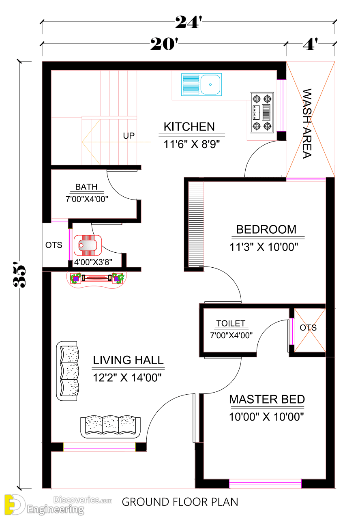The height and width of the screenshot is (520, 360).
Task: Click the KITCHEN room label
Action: [189, 127]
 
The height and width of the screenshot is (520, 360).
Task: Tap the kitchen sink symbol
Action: [201, 84]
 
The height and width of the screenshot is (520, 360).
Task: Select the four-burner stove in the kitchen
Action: [261, 112]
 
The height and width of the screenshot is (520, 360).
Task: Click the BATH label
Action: [86, 187]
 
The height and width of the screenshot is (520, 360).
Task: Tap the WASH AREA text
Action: [307, 124]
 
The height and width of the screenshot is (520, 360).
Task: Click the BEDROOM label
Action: [266, 230]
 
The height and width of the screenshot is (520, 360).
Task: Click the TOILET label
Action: [231, 323]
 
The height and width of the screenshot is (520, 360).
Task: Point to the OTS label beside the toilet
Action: [308, 328]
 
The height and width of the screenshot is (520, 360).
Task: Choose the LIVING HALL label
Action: [128, 360]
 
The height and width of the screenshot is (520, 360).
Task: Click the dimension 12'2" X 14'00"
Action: [128, 378]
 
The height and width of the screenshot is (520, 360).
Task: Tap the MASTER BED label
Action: [267, 400]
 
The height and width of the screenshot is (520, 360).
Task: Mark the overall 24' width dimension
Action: [188, 23]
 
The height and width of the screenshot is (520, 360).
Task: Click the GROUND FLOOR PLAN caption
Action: [180, 502]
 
